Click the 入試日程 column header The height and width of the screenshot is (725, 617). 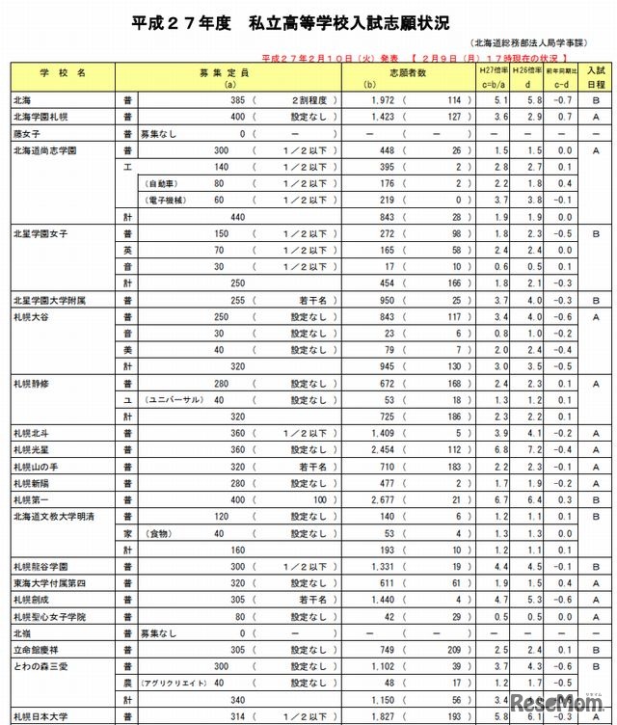[597, 78]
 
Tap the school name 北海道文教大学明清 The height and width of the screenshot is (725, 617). [54, 516]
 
